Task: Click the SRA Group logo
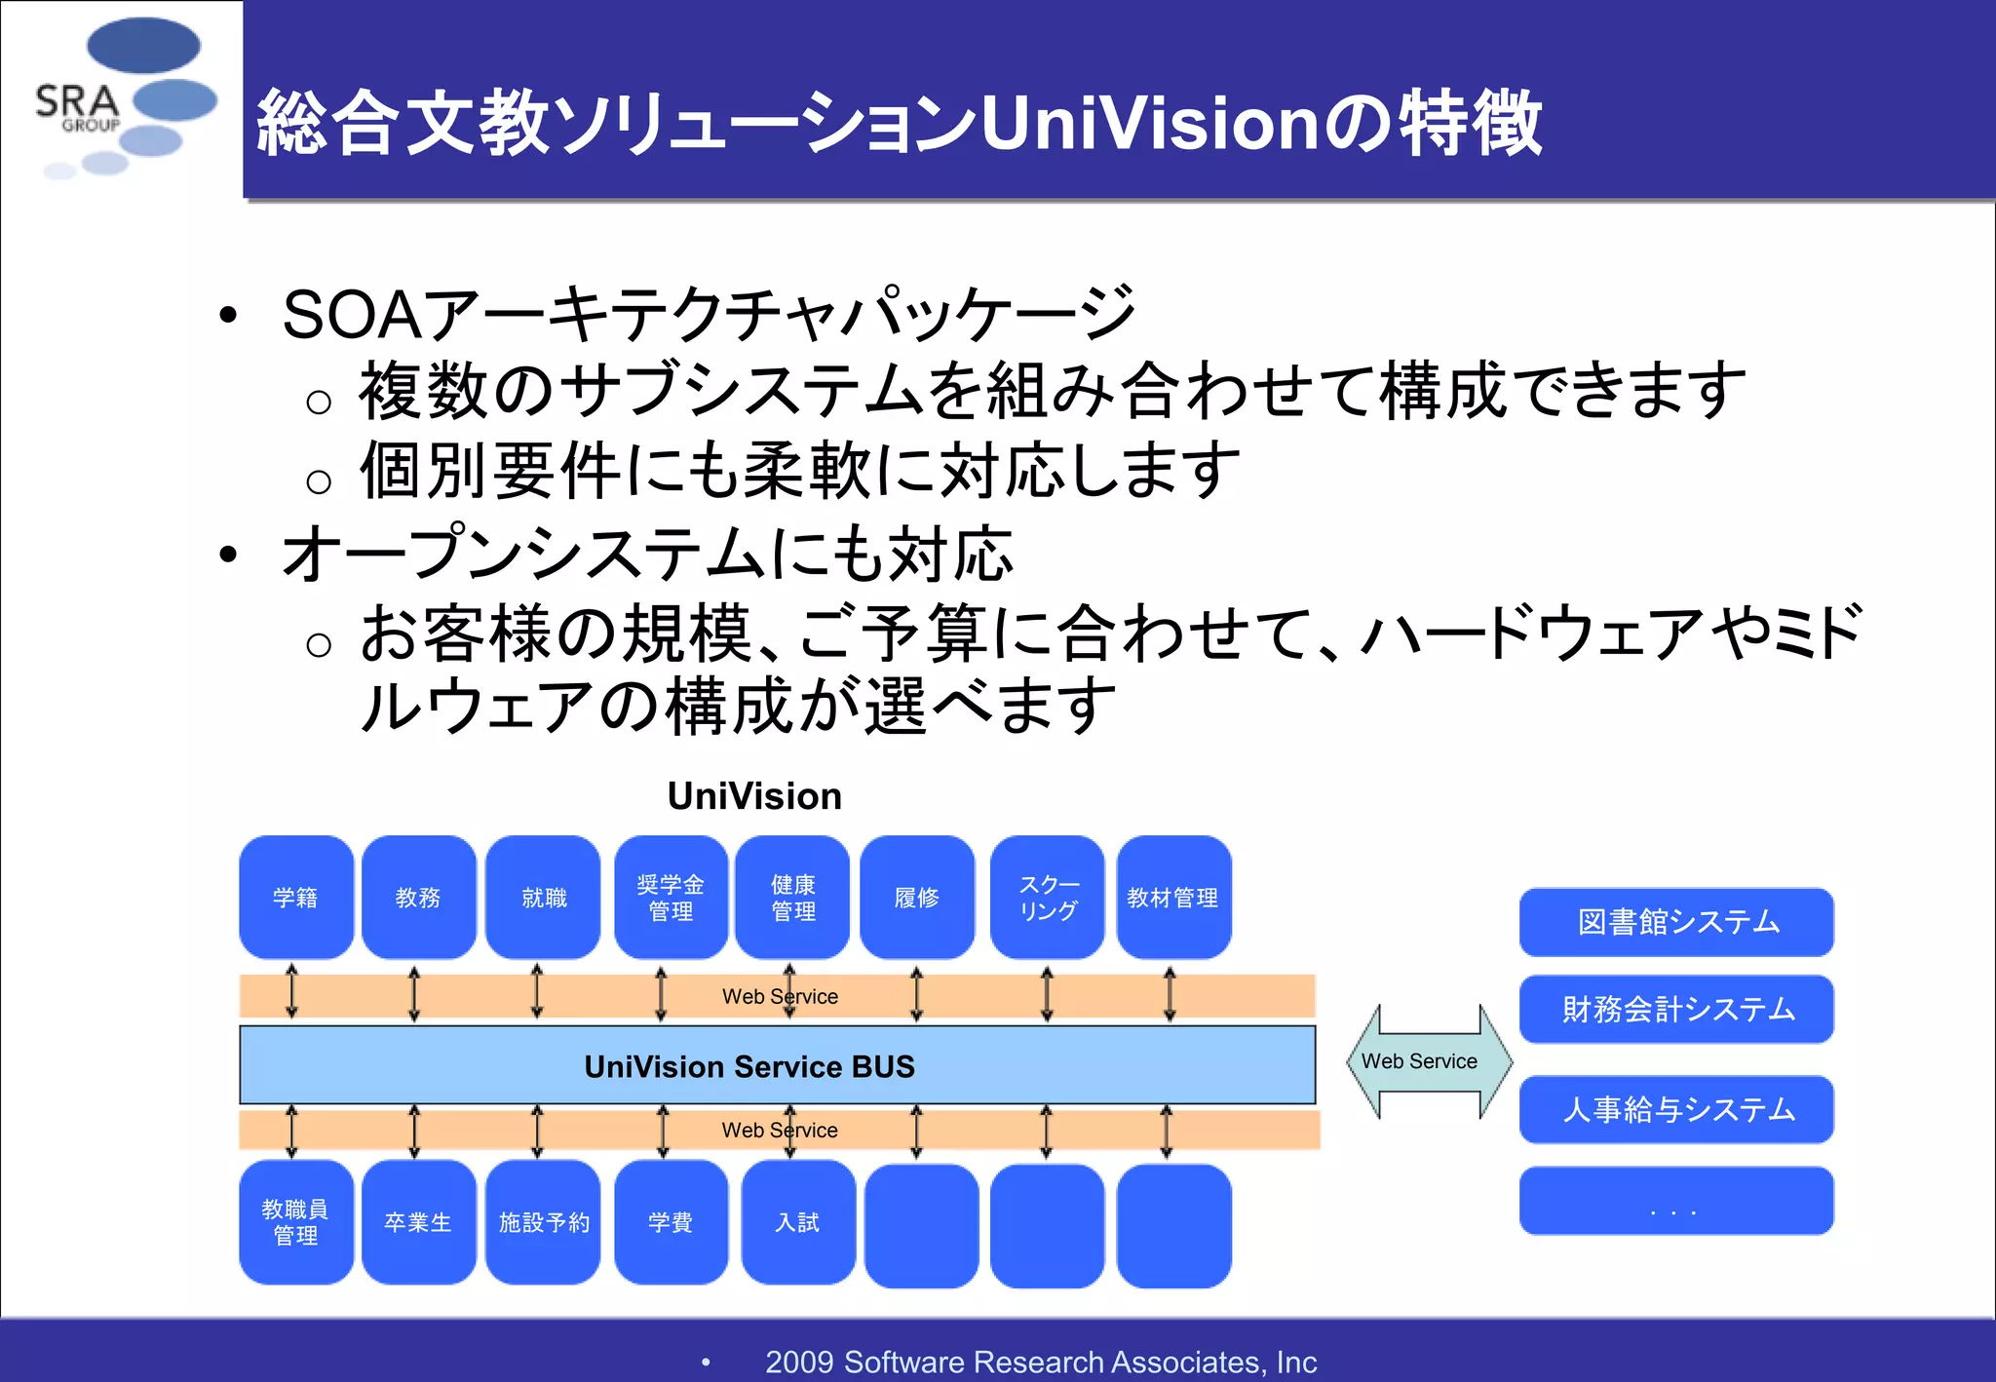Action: (x=122, y=97)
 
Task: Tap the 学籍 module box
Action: (x=295, y=897)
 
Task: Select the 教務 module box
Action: (x=418, y=897)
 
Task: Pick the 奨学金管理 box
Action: (x=671, y=897)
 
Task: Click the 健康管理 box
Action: (x=793, y=897)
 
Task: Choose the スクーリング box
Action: (x=1048, y=897)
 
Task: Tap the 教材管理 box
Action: (x=1173, y=897)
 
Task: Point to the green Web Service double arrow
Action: (x=1428, y=1061)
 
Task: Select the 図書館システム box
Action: (x=1676, y=922)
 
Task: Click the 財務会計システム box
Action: (x=1676, y=1009)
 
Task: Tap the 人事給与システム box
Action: (x=1676, y=1109)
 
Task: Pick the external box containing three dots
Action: (x=1676, y=1201)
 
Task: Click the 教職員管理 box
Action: (x=295, y=1222)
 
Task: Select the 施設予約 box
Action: (x=543, y=1222)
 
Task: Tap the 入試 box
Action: (x=797, y=1222)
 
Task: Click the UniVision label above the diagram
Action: (x=754, y=796)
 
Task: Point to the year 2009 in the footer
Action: (x=799, y=1362)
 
